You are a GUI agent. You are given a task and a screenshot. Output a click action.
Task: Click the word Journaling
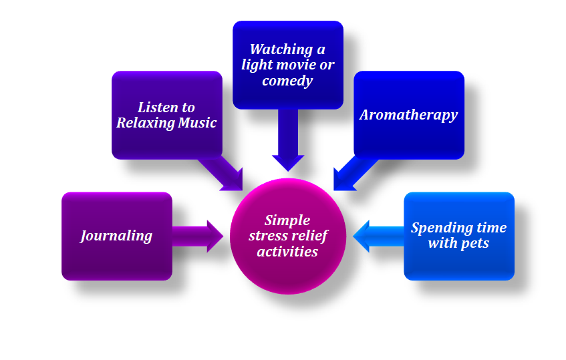[x=116, y=236]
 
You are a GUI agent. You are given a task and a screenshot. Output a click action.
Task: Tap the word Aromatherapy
[x=408, y=115]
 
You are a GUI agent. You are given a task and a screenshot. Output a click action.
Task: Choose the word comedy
[x=287, y=81]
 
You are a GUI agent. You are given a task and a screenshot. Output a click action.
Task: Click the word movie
[x=299, y=65]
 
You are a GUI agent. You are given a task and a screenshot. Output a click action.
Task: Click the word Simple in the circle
[x=287, y=220]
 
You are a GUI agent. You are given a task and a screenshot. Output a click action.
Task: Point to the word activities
[x=287, y=252]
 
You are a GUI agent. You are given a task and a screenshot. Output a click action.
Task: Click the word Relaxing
[x=142, y=123]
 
